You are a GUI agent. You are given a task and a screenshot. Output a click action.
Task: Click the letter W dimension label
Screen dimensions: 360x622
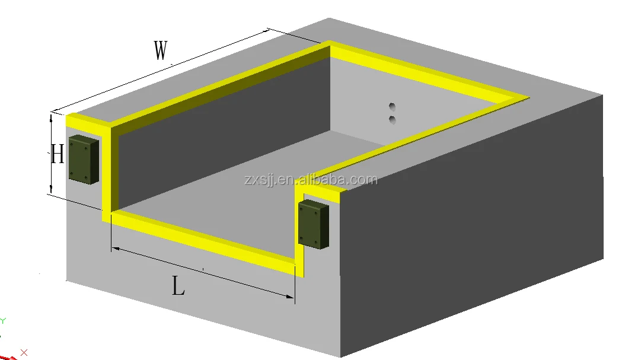tap(161, 51)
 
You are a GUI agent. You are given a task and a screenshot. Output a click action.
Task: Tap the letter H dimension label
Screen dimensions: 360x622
tap(57, 155)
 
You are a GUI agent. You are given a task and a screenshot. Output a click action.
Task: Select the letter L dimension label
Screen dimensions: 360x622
tap(178, 288)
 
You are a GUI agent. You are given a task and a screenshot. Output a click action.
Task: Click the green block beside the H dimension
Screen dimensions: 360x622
tap(83, 159)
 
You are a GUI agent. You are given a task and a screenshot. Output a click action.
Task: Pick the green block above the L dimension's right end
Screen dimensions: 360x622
tap(312, 224)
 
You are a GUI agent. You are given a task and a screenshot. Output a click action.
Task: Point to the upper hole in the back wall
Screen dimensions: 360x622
tap(392, 107)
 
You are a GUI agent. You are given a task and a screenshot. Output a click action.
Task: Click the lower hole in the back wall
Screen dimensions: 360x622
tap(392, 120)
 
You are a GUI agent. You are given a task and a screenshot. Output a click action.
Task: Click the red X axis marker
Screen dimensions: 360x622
tap(24, 352)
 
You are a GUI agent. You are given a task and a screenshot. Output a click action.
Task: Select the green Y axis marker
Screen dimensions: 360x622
tap(3, 321)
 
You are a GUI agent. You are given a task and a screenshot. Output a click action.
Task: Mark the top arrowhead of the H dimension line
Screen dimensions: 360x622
tap(52, 117)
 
